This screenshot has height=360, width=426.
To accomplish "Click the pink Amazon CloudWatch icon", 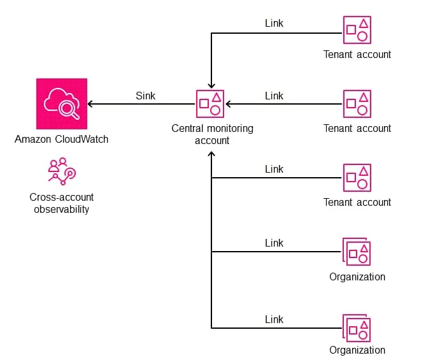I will (61, 103).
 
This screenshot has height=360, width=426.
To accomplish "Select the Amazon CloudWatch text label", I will (61, 139).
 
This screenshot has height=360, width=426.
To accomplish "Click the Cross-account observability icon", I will (62, 170).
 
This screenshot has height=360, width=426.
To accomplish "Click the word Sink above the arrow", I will (145, 96).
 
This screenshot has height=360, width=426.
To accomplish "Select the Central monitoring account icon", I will (211, 103).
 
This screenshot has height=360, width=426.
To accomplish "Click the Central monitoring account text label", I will (212, 134).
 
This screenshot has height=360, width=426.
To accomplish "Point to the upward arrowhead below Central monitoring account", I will (211, 154).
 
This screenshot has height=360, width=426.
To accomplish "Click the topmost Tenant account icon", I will (357, 30).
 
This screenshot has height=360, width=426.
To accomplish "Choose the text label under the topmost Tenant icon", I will (357, 54).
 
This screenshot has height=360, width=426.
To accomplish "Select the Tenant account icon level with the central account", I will (357, 103).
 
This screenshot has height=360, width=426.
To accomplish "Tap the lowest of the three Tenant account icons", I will (357, 177).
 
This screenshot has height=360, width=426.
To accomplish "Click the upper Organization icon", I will (357, 251).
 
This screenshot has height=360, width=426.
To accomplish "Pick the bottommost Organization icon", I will (357, 328).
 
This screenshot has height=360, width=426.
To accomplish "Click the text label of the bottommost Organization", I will (357, 350).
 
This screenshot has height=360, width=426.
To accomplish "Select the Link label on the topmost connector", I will (274, 23).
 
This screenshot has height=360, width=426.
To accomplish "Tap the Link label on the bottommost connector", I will (274, 319).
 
